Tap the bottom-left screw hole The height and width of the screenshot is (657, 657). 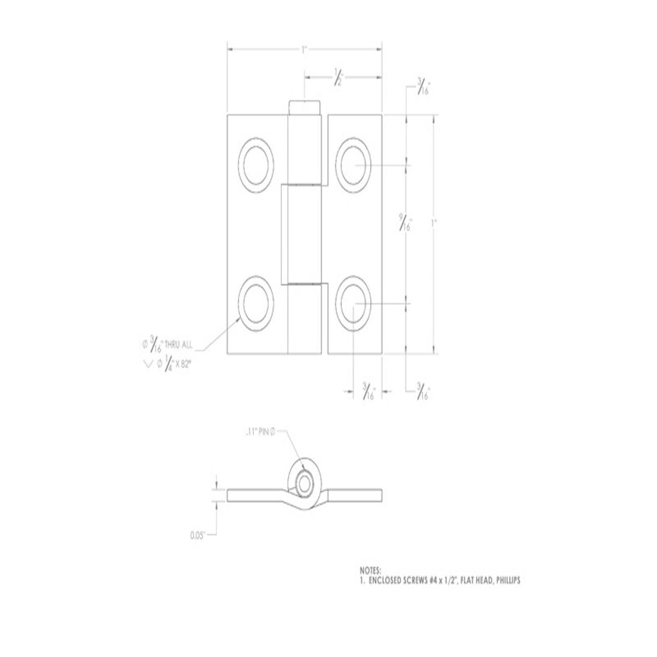[x=256, y=304]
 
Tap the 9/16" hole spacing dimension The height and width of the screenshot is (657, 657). [x=403, y=222]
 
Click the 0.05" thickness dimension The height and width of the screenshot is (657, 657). [x=198, y=535]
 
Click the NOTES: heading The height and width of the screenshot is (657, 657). [x=371, y=571]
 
